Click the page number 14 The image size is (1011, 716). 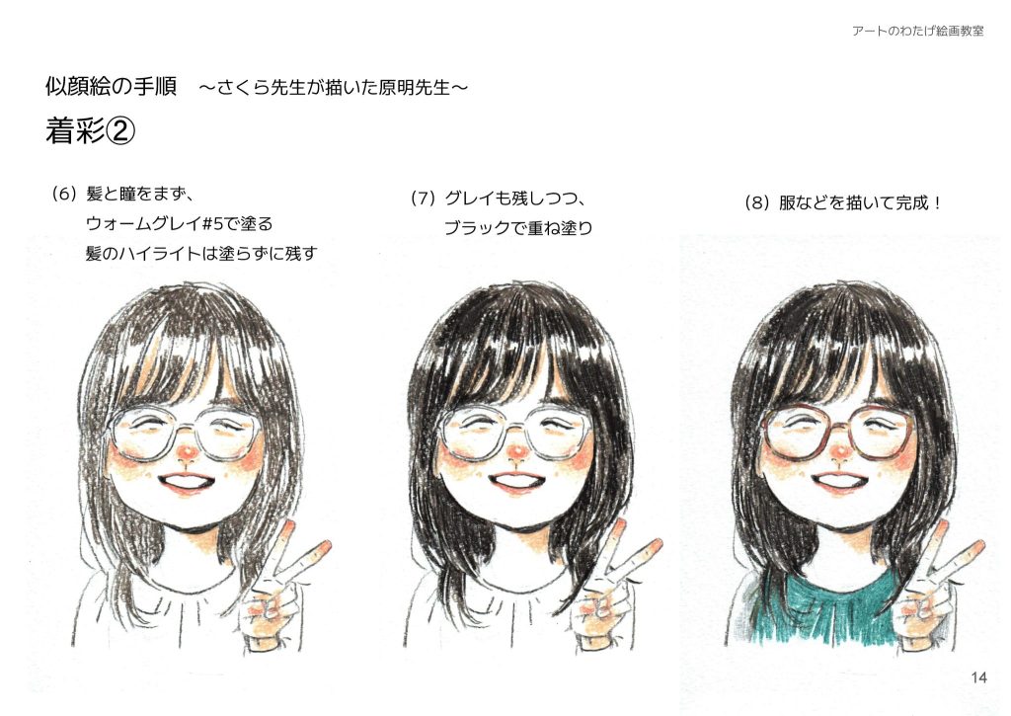[978, 676]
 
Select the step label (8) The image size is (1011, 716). [755, 203]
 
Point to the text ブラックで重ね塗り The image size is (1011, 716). [517, 229]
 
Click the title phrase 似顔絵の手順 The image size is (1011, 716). [111, 87]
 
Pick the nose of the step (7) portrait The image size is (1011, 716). [512, 454]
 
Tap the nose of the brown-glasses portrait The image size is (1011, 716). [839, 455]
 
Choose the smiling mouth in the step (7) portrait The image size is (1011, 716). [516, 483]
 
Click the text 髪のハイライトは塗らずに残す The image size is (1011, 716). [207, 255]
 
